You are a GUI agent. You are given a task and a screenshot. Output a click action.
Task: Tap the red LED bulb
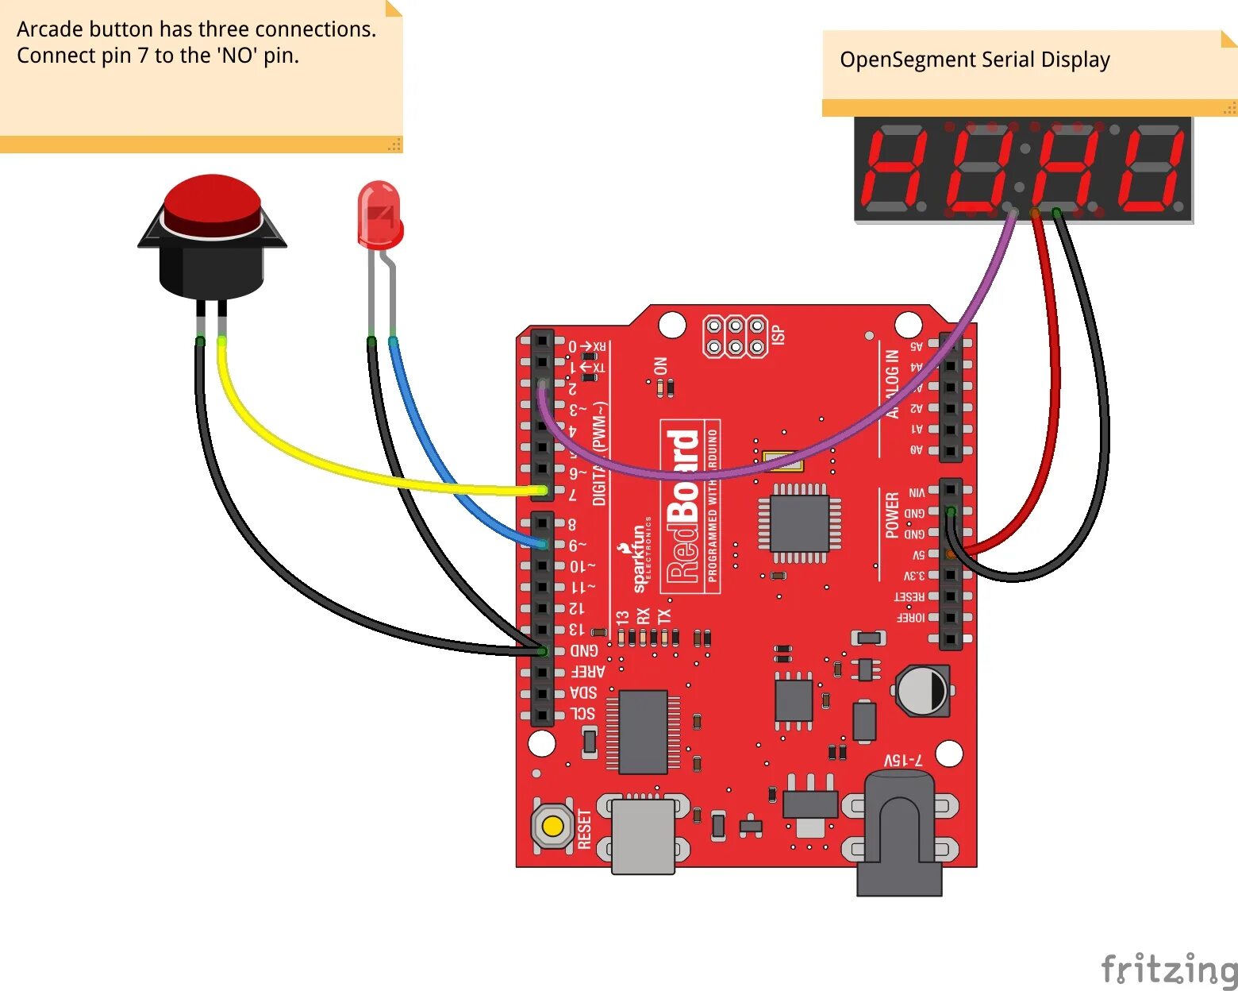click(x=380, y=211)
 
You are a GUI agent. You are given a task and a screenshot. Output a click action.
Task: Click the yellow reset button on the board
click(x=552, y=827)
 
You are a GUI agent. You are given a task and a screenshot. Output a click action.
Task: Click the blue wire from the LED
click(x=444, y=469)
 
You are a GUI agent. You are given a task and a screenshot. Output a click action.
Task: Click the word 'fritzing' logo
click(x=1168, y=969)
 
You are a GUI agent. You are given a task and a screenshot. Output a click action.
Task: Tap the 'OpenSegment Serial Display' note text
click(x=975, y=60)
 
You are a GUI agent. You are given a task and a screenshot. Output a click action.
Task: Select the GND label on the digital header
click(x=584, y=650)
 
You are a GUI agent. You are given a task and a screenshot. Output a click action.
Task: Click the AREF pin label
click(x=587, y=672)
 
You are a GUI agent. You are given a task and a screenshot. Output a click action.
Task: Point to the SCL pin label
click(x=582, y=713)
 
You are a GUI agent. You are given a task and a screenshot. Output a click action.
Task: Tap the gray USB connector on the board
click(x=644, y=834)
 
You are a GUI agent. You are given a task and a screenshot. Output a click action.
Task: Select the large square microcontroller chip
click(x=800, y=523)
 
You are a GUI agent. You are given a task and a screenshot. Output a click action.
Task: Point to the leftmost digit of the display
click(x=894, y=169)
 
